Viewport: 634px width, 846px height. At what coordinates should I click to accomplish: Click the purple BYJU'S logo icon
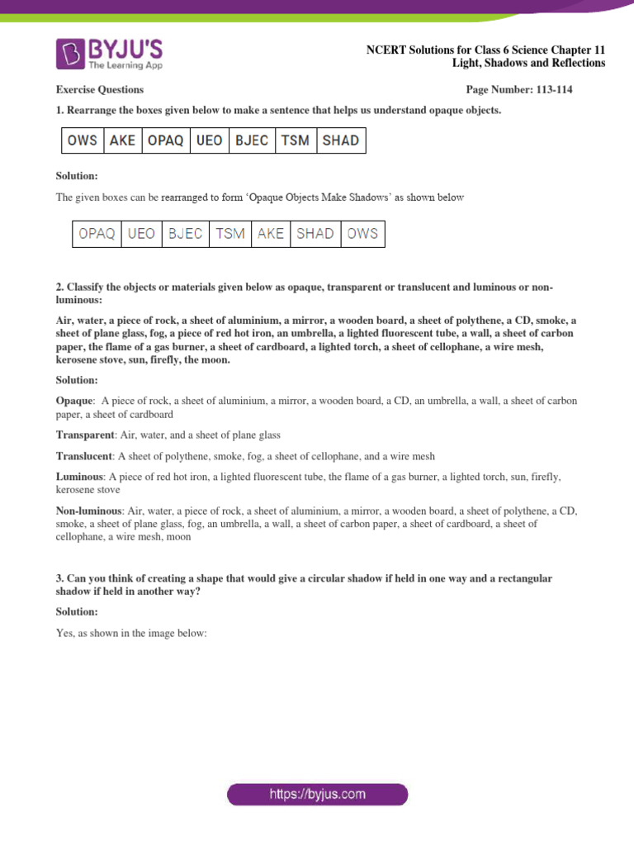(69, 53)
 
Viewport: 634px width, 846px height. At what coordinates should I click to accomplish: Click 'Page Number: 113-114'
(519, 89)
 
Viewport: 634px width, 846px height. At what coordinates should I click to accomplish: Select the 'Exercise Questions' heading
(99, 89)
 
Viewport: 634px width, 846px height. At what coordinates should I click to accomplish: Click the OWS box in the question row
(82, 140)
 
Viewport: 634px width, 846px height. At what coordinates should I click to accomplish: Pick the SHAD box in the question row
(340, 140)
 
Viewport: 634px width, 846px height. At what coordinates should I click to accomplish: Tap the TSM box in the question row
(295, 140)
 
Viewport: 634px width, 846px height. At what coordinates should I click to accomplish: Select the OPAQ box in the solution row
(97, 234)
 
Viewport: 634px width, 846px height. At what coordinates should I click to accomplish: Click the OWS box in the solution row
(362, 234)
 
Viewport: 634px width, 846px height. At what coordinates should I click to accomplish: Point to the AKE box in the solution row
(270, 234)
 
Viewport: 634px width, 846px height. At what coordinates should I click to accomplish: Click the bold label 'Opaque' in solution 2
(75, 401)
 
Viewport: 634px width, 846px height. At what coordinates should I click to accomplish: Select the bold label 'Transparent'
(85, 435)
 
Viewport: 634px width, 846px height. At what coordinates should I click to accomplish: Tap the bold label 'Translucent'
(84, 456)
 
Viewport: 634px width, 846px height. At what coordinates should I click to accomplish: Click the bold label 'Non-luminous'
(89, 511)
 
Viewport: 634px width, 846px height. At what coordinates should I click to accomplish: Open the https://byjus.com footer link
(317, 795)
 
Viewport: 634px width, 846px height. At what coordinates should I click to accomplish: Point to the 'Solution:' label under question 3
(76, 611)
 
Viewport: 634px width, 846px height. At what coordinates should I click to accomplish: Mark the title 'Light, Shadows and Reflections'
(528, 64)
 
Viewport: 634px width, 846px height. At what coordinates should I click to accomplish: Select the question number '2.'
(60, 287)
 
